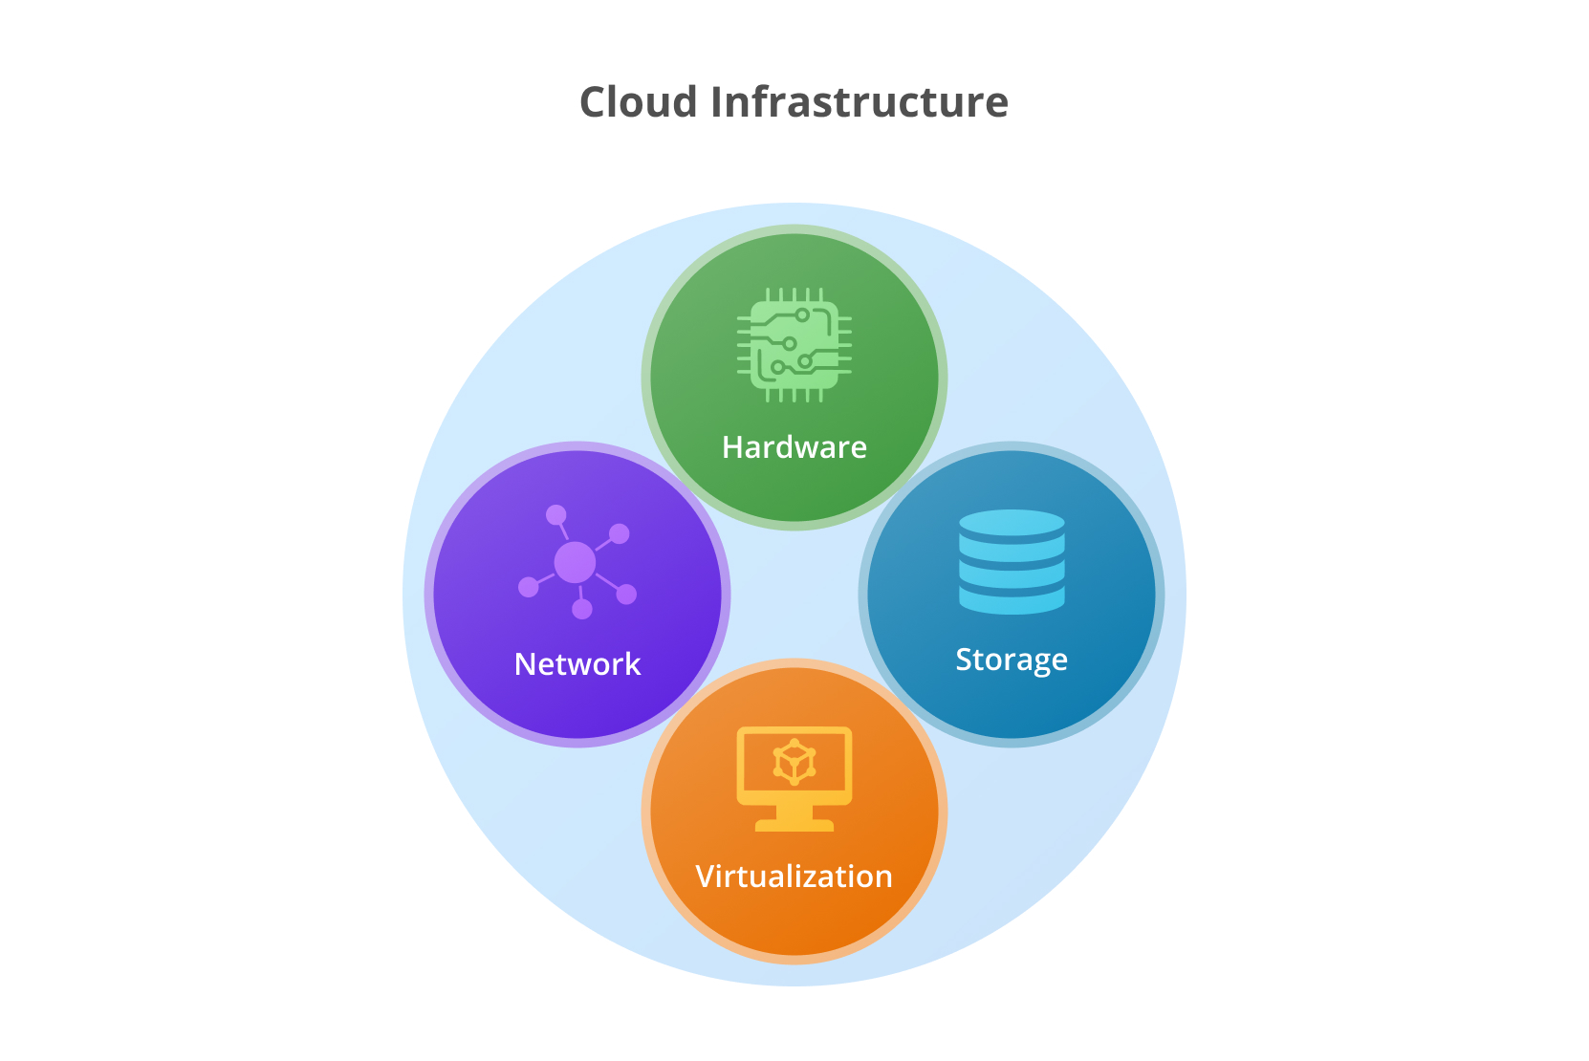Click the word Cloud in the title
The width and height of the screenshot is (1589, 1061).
[638, 102]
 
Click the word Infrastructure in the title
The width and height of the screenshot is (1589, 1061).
[859, 102]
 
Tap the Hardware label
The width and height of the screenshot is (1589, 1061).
[794, 447]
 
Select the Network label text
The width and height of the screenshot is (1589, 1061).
[577, 664]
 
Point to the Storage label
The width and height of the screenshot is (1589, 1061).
[1012, 660]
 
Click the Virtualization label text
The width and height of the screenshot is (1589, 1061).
[794, 877]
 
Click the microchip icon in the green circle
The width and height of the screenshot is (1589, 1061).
[794, 345]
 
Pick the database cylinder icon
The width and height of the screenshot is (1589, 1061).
[1012, 561]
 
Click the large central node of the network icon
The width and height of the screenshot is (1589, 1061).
[575, 563]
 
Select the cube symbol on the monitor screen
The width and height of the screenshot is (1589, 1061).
[794, 762]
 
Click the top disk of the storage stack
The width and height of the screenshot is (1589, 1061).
[1012, 524]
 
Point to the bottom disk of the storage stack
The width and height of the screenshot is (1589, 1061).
[1012, 600]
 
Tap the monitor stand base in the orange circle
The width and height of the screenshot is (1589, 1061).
[794, 824]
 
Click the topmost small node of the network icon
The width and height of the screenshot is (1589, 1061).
[555, 515]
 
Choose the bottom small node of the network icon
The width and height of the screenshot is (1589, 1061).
[582, 609]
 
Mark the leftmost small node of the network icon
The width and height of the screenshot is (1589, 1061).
[528, 586]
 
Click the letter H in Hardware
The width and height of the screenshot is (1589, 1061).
[731, 447]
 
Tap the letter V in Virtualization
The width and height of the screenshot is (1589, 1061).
[705, 877]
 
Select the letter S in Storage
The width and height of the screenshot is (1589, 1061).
[964, 660]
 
